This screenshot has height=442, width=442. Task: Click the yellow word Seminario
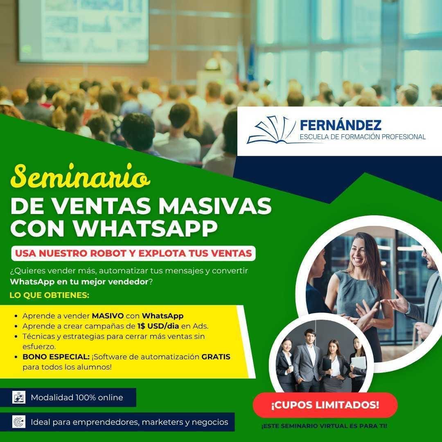(x=80, y=176)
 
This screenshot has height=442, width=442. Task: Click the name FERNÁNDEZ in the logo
(x=341, y=125)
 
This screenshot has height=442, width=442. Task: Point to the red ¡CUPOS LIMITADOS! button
(x=325, y=405)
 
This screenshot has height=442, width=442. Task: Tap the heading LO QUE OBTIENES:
(x=50, y=295)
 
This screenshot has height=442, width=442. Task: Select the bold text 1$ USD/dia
(x=158, y=326)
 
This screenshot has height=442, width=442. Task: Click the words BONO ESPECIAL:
(x=56, y=356)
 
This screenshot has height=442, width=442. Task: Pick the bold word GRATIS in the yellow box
(x=216, y=356)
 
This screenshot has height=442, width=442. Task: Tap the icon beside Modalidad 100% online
(x=19, y=397)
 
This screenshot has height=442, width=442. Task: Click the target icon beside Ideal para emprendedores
(x=19, y=422)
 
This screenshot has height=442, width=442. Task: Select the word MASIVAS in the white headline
(x=215, y=205)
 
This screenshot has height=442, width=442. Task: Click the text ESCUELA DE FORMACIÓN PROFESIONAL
(x=363, y=137)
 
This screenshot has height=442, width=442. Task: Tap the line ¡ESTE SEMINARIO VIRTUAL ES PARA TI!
(x=324, y=426)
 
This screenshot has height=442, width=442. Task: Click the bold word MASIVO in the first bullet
(x=108, y=316)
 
